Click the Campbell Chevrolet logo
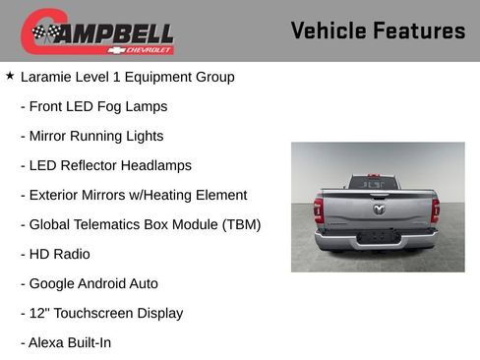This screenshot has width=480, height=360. [97, 31]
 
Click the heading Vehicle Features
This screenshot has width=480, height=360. [378, 30]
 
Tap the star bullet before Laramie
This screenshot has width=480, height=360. [10, 75]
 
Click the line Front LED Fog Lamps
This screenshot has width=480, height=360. [93, 106]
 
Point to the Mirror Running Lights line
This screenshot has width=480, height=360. [91, 136]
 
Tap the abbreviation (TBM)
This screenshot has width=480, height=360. [238, 224]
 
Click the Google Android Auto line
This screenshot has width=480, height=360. [89, 283]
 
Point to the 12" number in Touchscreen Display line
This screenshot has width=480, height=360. [38, 313]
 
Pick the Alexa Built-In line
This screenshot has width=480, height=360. [65, 342]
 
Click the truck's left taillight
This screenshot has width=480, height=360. [318, 210]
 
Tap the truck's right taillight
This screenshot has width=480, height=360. [436, 210]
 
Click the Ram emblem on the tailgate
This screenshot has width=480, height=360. [379, 209]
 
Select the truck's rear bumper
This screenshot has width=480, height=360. [377, 240]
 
